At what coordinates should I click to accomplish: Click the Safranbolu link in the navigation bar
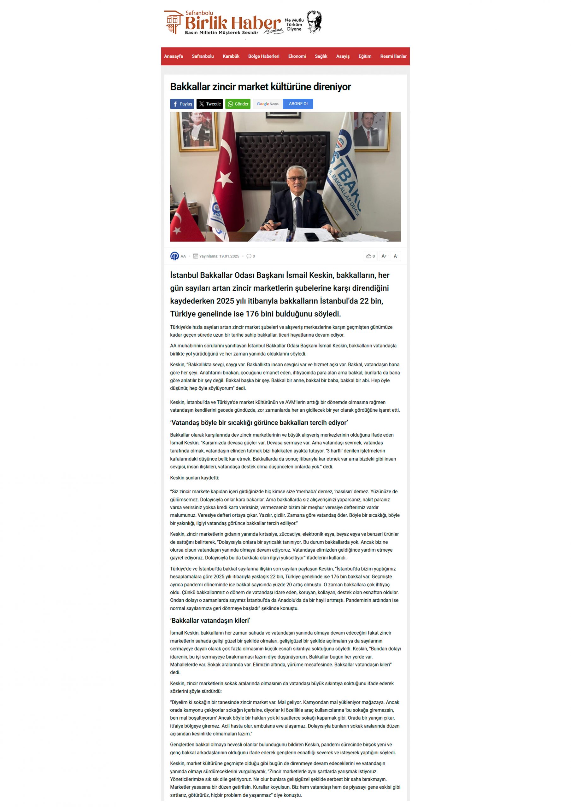coord(203,56)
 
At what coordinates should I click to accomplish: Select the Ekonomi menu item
coord(297,56)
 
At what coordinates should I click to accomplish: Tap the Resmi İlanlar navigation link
coord(393,56)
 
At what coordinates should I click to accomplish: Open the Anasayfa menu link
coord(174,56)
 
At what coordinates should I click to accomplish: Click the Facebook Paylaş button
coord(182,104)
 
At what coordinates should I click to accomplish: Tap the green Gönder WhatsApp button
coord(238,104)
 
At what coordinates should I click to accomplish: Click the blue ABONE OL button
coord(298,104)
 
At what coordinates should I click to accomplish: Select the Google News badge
coord(268,104)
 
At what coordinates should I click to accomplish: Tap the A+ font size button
coord(384,256)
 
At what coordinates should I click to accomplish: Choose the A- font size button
coord(396,256)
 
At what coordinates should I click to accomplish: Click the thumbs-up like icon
coord(369,256)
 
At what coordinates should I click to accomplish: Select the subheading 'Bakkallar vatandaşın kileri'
coord(210,620)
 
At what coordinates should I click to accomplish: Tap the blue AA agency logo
coord(174,256)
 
